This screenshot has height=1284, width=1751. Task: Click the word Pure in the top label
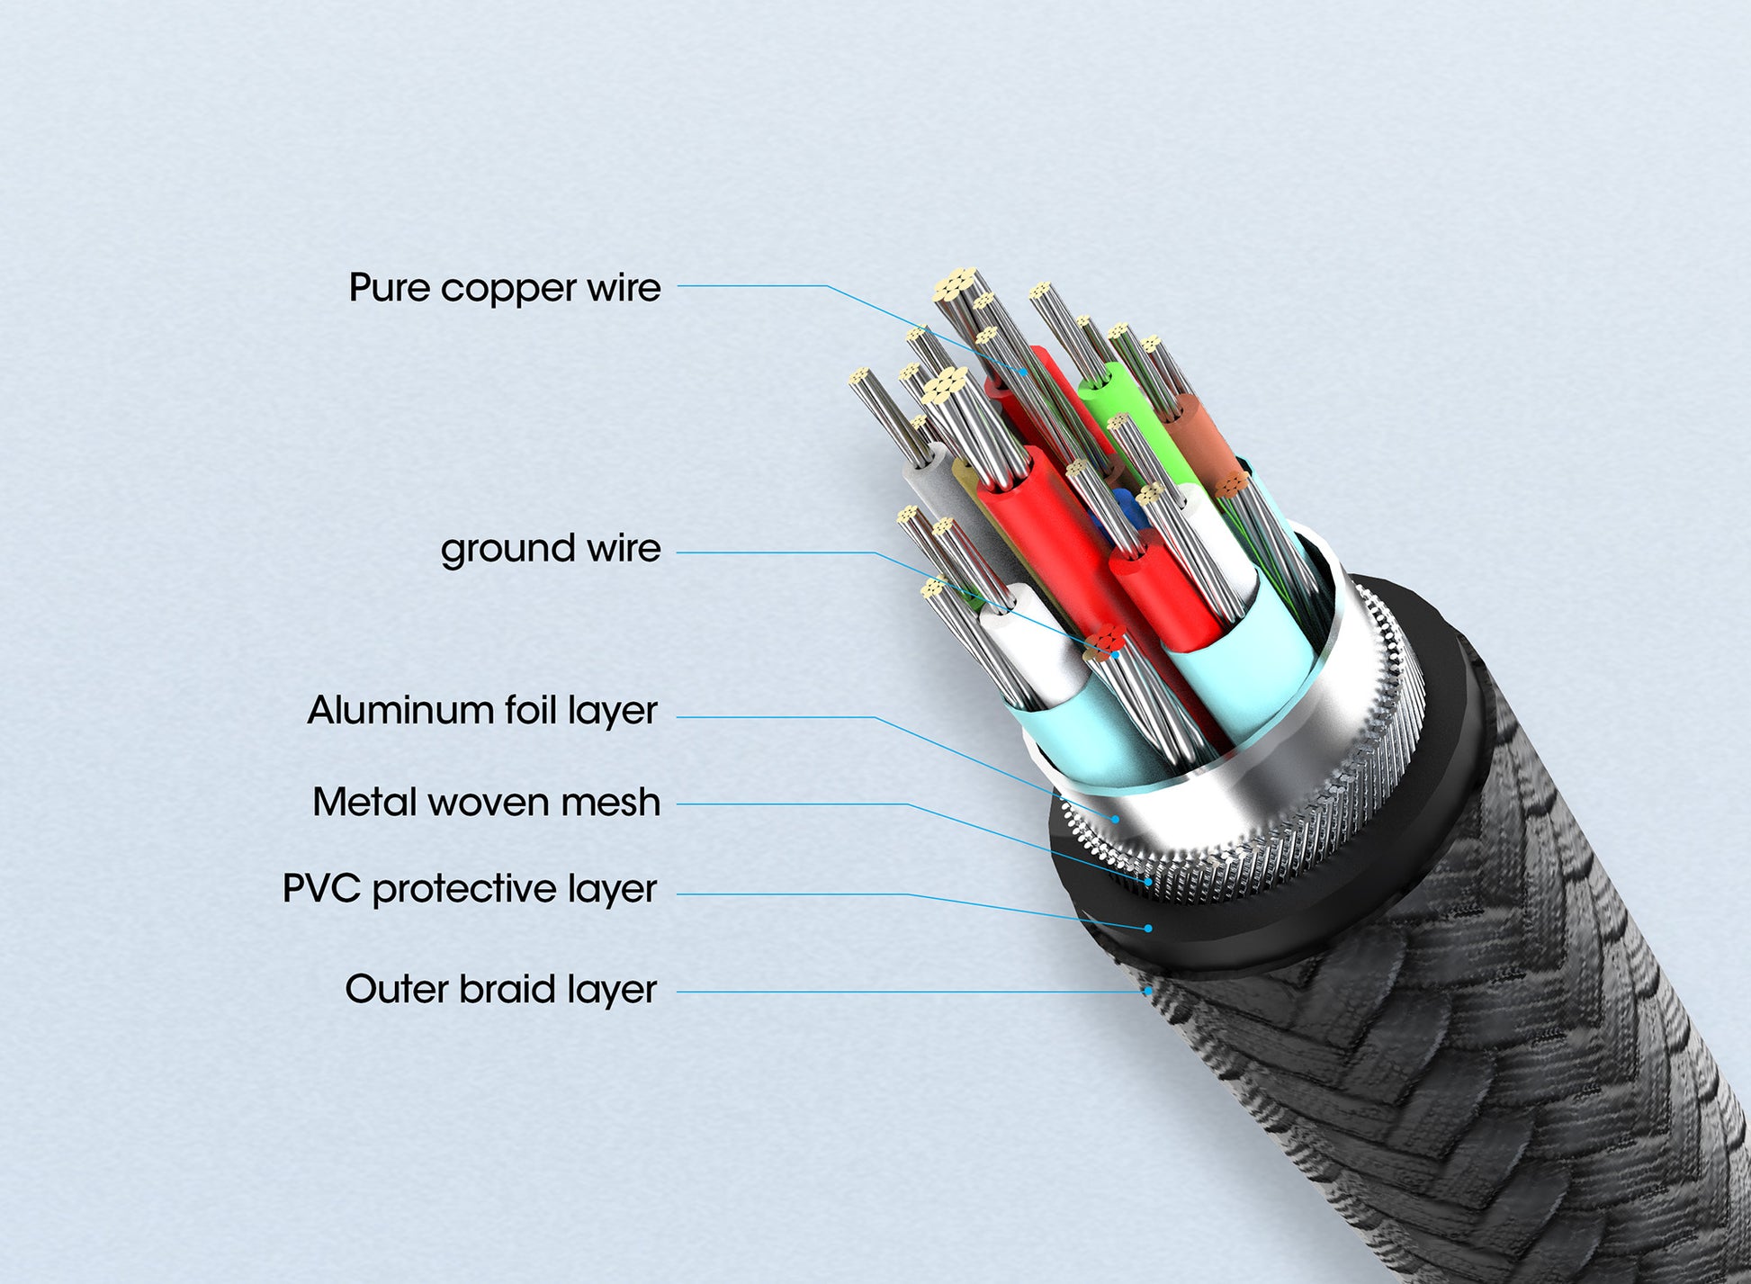coord(389,289)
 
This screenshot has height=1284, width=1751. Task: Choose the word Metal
coord(364,803)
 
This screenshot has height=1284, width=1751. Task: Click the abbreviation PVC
coord(322,889)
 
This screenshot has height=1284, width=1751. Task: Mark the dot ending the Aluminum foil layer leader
coord(1116,819)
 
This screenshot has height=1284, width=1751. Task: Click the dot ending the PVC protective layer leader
coord(1148,928)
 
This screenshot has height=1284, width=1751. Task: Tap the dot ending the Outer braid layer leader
coord(1148,992)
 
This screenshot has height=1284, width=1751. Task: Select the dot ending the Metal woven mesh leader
coord(1149,883)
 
